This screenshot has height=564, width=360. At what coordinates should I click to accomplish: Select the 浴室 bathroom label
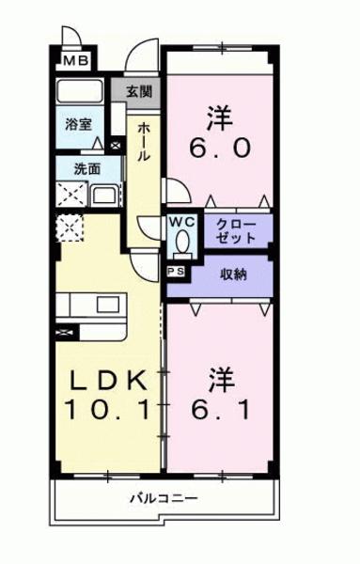click(77, 124)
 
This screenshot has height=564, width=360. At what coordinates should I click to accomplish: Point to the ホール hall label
click(143, 141)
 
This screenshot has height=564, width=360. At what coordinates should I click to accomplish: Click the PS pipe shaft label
click(175, 273)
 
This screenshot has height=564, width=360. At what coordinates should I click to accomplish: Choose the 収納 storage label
click(234, 274)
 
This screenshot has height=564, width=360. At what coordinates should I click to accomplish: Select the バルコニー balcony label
click(164, 497)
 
